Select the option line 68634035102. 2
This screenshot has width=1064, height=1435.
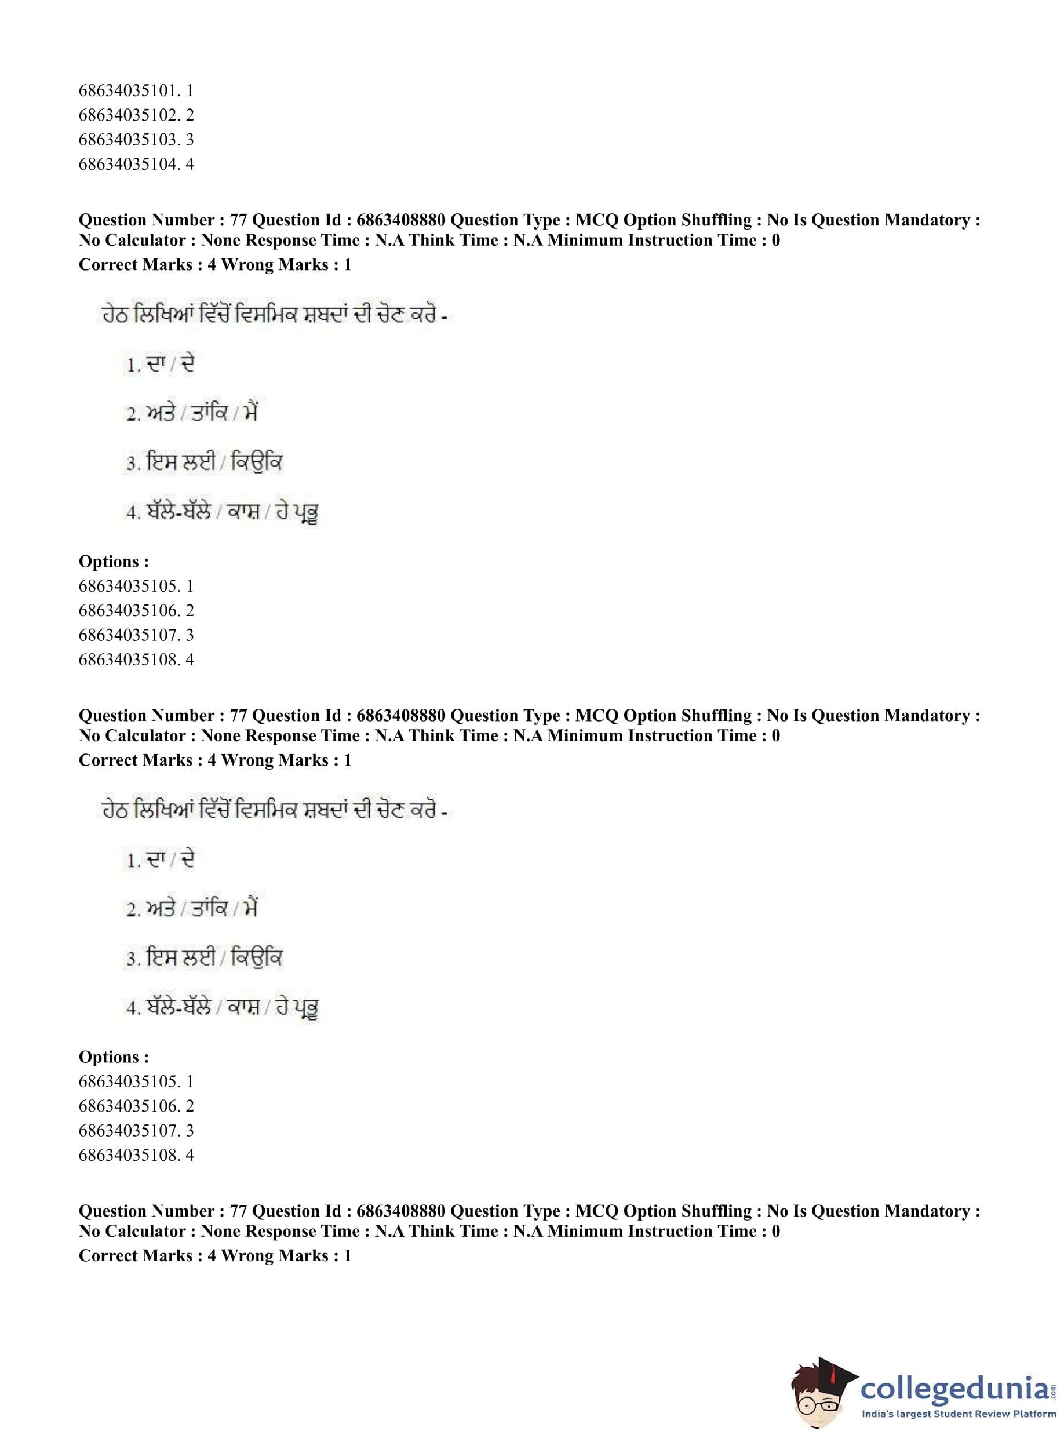[x=135, y=115]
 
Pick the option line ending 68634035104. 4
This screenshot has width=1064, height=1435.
[x=135, y=163]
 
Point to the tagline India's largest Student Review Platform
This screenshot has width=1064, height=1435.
[x=959, y=1414]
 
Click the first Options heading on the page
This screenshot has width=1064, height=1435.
[x=114, y=561]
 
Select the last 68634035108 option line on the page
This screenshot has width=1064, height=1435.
[x=135, y=1155]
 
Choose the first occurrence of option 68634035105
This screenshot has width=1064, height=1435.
[x=135, y=585]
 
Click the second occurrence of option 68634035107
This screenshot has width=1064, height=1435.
[x=135, y=1130]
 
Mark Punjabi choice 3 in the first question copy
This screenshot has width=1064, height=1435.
[x=204, y=462]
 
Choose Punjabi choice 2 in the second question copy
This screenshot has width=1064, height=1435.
[x=192, y=908]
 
